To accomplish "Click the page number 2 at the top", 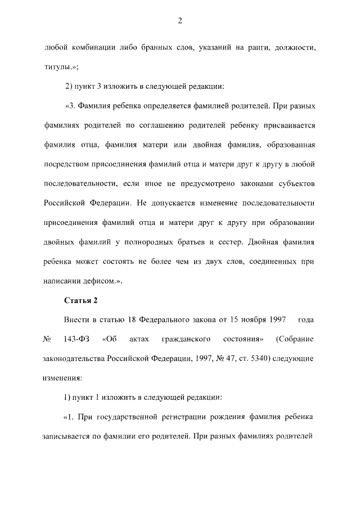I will pos(179,21).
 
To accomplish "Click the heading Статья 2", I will pos(82,299).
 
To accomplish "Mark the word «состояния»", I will pos(245,339).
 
